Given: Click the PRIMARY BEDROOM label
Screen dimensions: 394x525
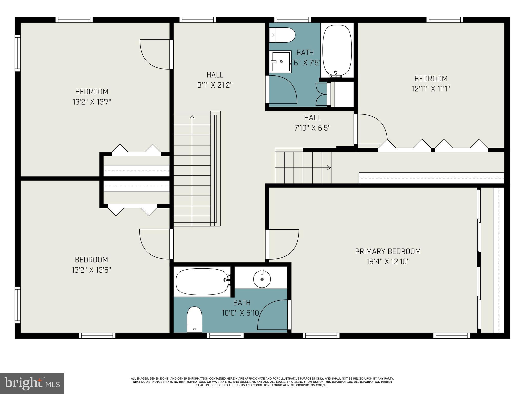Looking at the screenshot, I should click(388, 251).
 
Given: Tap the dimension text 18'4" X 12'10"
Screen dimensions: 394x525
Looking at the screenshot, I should click(388, 262).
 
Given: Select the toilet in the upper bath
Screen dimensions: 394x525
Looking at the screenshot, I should click(282, 35).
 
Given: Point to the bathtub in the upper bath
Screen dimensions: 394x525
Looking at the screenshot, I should click(337, 50).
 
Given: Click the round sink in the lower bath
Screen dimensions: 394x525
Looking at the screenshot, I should click(262, 279).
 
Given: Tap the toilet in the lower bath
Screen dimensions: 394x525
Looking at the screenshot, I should click(195, 319).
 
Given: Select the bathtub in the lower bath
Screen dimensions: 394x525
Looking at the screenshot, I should click(202, 282).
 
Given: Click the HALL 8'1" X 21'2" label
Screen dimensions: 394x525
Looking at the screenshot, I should click(215, 80).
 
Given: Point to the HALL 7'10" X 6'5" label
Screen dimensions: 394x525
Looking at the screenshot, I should click(312, 123).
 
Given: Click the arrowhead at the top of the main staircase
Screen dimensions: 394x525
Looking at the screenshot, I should click(192, 117).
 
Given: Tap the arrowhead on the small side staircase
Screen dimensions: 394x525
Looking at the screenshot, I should click(329, 168).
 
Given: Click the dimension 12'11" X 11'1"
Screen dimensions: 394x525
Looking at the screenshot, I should click(431, 89).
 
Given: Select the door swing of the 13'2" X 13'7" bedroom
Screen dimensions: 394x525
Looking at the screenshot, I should click(154, 55).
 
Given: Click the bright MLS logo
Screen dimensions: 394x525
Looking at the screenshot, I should click(32, 383).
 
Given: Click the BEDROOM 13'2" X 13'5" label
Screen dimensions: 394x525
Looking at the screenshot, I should click(91, 265).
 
